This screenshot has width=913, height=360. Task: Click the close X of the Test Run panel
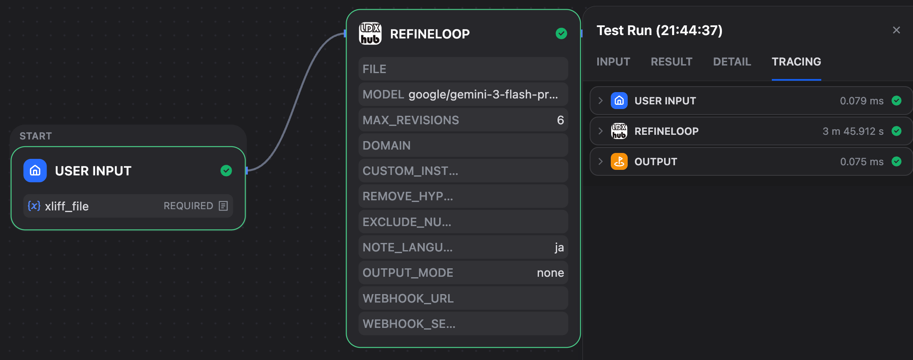(896, 30)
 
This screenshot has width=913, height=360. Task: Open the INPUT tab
(613, 62)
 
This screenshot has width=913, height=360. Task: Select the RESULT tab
(672, 62)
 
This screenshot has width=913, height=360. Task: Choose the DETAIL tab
(732, 62)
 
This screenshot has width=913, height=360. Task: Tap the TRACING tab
(796, 62)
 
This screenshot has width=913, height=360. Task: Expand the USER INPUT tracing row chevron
(600, 101)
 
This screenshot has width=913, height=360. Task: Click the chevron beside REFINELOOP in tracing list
(600, 131)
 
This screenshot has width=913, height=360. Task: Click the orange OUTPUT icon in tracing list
(619, 161)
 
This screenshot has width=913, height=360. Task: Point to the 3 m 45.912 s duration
(853, 131)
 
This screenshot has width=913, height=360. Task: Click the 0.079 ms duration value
(862, 101)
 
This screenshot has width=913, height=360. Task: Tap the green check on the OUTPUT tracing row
(897, 161)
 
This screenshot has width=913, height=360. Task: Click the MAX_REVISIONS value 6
(560, 120)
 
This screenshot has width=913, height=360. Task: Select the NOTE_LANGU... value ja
(559, 248)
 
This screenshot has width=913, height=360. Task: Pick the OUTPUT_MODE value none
(550, 273)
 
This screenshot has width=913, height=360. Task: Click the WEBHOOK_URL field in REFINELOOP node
(463, 298)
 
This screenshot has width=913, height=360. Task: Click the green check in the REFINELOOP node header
(561, 33)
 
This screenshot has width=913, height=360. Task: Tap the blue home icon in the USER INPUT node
(35, 171)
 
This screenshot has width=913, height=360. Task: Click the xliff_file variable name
(67, 206)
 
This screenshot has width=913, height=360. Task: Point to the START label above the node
(36, 136)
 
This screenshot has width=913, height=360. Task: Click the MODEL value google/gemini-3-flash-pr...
(483, 95)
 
